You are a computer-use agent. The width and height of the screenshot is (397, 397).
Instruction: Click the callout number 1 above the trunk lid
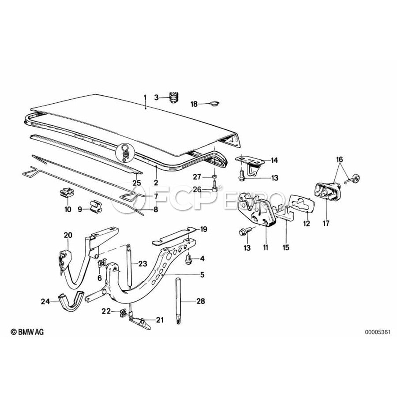(144, 97)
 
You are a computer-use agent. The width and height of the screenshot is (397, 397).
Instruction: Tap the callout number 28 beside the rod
(200, 302)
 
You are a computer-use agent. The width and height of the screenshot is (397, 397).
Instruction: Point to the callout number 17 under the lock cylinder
(326, 224)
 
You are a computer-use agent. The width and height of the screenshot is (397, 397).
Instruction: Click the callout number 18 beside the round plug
(195, 104)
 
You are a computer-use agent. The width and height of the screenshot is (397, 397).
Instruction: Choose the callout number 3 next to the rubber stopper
(156, 97)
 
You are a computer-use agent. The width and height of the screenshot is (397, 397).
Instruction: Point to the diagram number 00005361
(377, 331)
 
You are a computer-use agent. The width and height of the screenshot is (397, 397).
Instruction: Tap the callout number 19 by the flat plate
(203, 229)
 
